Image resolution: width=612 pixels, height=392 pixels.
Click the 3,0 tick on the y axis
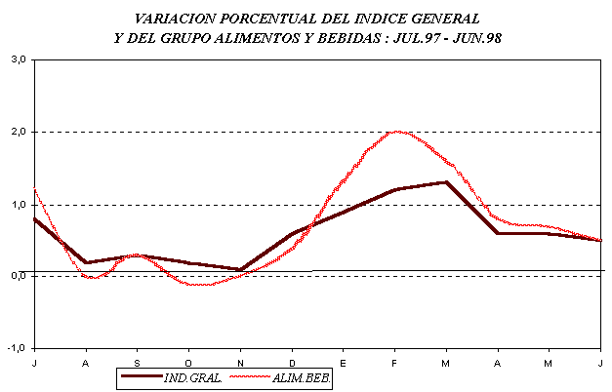pyautogui.click(x=18, y=59)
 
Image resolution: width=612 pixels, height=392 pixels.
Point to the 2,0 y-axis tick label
pyautogui.click(x=18, y=132)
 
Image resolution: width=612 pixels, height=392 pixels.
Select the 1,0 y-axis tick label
pyautogui.click(x=18, y=205)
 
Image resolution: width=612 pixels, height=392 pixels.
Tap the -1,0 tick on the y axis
pyautogui.click(x=16, y=349)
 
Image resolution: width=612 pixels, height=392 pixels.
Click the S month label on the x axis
pyautogui.click(x=138, y=363)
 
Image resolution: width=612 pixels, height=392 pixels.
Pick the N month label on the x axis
pyautogui.click(x=240, y=363)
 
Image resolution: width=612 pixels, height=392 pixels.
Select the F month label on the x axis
pyautogui.click(x=394, y=363)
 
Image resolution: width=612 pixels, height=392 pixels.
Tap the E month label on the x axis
pyautogui.click(x=344, y=363)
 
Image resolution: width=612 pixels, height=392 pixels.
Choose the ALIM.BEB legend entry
pyautogui.click(x=304, y=377)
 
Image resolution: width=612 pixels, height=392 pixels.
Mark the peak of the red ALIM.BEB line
pyautogui.click(x=395, y=131)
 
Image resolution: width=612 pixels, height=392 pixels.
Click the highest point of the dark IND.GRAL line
pyautogui.click(x=446, y=182)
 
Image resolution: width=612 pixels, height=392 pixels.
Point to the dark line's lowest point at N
pyautogui.click(x=240, y=269)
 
